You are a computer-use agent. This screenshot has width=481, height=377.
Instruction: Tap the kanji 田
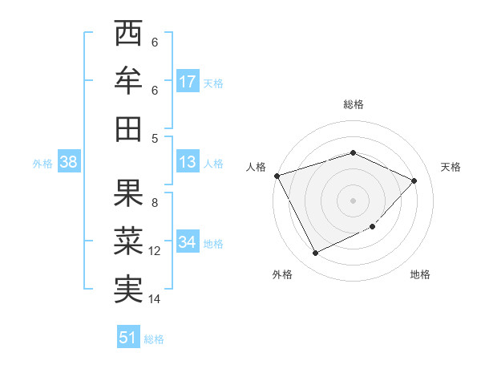pyautogui.click(x=128, y=128)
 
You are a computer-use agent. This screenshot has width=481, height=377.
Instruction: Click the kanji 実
pyautogui.click(x=128, y=288)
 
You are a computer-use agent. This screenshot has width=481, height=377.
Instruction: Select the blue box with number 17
pyautogui.click(x=188, y=82)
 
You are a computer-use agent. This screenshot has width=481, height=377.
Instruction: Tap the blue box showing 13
pyautogui.click(x=188, y=163)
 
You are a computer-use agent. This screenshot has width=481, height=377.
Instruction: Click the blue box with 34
pyautogui.click(x=188, y=242)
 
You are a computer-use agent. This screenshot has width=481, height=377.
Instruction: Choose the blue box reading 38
pyautogui.click(x=68, y=163)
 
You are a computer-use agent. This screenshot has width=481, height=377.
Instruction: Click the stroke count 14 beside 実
pyautogui.click(x=155, y=300)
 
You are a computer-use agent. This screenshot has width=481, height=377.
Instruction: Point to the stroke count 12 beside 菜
pyautogui.click(x=155, y=252)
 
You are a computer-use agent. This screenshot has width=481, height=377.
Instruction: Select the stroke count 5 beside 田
pyautogui.click(x=155, y=138)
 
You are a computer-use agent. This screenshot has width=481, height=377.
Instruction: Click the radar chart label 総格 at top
pyautogui.click(x=353, y=104)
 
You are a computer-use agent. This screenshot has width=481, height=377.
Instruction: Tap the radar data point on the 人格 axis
pyautogui.click(x=277, y=176)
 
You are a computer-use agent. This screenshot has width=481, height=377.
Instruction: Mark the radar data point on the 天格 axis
pyautogui.click(x=414, y=180)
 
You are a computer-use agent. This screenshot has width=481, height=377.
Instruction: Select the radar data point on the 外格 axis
pyautogui.click(x=315, y=253)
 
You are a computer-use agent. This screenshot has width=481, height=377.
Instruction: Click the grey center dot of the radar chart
pyautogui.click(x=353, y=200)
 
